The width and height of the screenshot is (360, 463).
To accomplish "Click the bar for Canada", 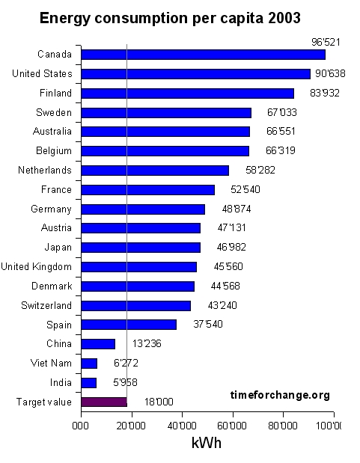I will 203,55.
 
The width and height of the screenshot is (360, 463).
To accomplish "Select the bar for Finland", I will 187,93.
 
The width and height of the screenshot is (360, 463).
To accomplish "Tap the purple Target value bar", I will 104,402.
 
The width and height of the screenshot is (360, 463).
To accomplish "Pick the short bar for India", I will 88,382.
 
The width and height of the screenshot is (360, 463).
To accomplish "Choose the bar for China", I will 98,344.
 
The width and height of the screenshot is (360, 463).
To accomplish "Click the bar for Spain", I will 129,325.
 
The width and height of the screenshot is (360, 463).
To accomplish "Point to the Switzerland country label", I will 46,305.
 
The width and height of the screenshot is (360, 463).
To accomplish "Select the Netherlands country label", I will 45,170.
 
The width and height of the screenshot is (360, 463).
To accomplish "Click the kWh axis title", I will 206,443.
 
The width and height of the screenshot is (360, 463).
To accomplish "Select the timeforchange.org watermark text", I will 279,394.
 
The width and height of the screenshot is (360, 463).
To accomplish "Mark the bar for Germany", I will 143,209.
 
